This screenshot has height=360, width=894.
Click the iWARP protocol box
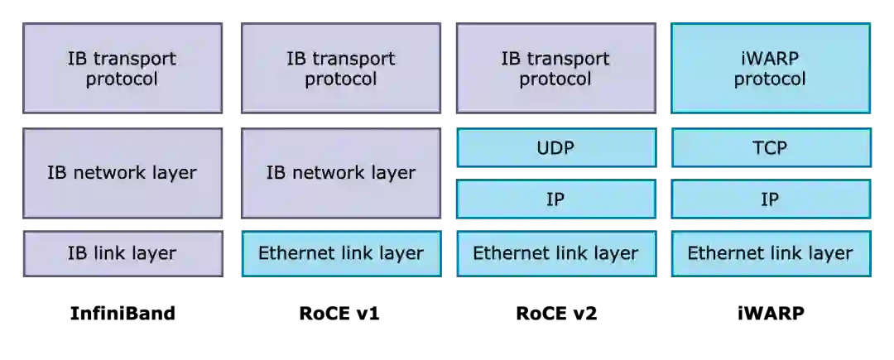(x=770, y=68)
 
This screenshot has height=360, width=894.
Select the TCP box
(x=770, y=148)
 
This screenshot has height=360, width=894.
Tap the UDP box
(x=555, y=148)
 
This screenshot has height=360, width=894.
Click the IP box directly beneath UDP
(x=555, y=199)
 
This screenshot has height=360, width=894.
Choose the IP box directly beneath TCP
(x=770, y=199)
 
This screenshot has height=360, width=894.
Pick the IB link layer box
(x=123, y=253)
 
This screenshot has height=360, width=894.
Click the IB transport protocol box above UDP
(x=555, y=68)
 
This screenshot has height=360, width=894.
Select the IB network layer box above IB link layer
(x=123, y=172)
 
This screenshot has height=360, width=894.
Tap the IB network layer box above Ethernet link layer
(x=340, y=172)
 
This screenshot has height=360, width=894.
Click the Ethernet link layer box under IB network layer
(x=340, y=253)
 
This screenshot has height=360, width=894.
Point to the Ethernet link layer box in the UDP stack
(x=555, y=253)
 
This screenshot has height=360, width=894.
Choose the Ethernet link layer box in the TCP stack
(x=770, y=253)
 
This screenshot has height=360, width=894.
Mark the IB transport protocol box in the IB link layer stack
(x=123, y=68)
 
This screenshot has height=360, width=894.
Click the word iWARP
(x=770, y=59)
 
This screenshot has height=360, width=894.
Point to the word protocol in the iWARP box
(x=770, y=79)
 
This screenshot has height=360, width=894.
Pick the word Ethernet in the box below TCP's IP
(x=721, y=253)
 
